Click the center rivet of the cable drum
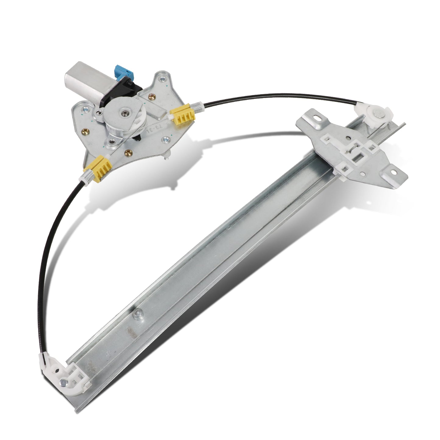click(x=125, y=114)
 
